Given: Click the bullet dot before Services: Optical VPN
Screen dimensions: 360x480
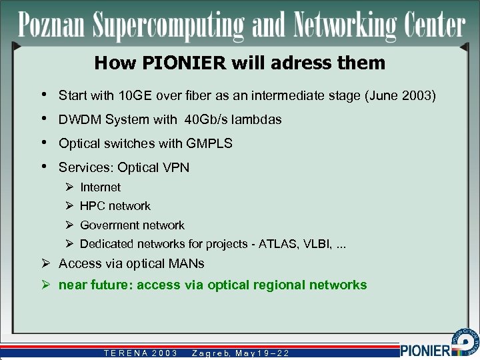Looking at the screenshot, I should [x=43, y=167].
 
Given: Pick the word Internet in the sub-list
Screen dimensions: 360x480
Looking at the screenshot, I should [x=100, y=188].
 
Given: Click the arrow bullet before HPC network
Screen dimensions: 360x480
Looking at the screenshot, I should [x=69, y=207].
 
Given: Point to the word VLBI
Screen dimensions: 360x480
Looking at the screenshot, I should [x=318, y=244].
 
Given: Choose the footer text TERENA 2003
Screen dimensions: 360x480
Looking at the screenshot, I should [x=140, y=353].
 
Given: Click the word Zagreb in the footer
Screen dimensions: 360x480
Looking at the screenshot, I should [x=209, y=353].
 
